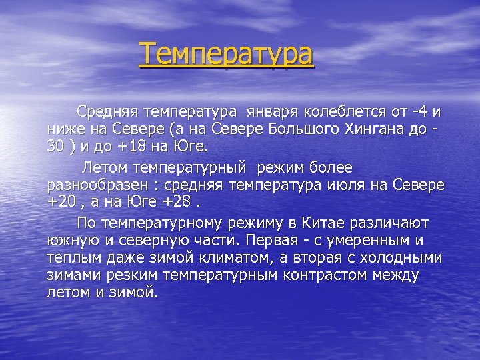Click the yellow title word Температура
pyautogui.click(x=226, y=55)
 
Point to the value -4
pyautogui.click(x=419, y=111)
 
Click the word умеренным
pyautogui.click(x=367, y=240)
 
